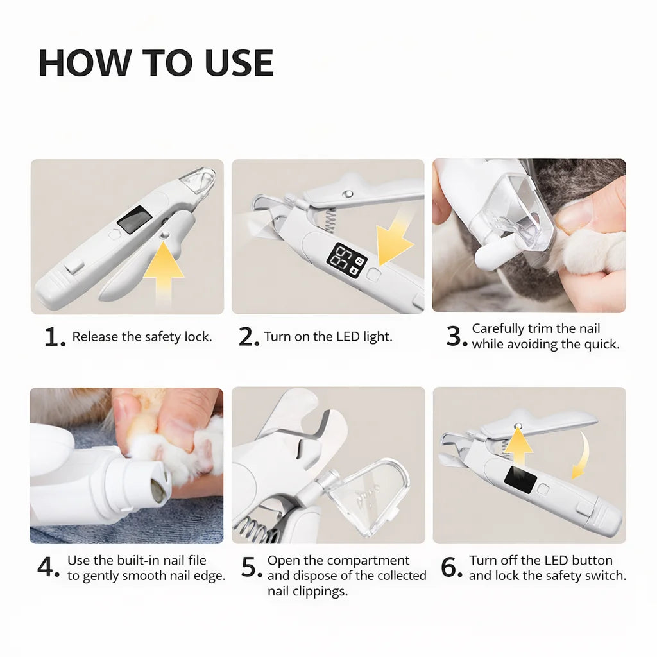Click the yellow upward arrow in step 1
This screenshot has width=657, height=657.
click(x=164, y=272)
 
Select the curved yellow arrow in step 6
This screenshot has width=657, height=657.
click(x=584, y=457)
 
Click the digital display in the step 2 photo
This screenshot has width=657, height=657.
click(x=346, y=260)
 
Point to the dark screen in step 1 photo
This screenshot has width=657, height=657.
click(x=134, y=219)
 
